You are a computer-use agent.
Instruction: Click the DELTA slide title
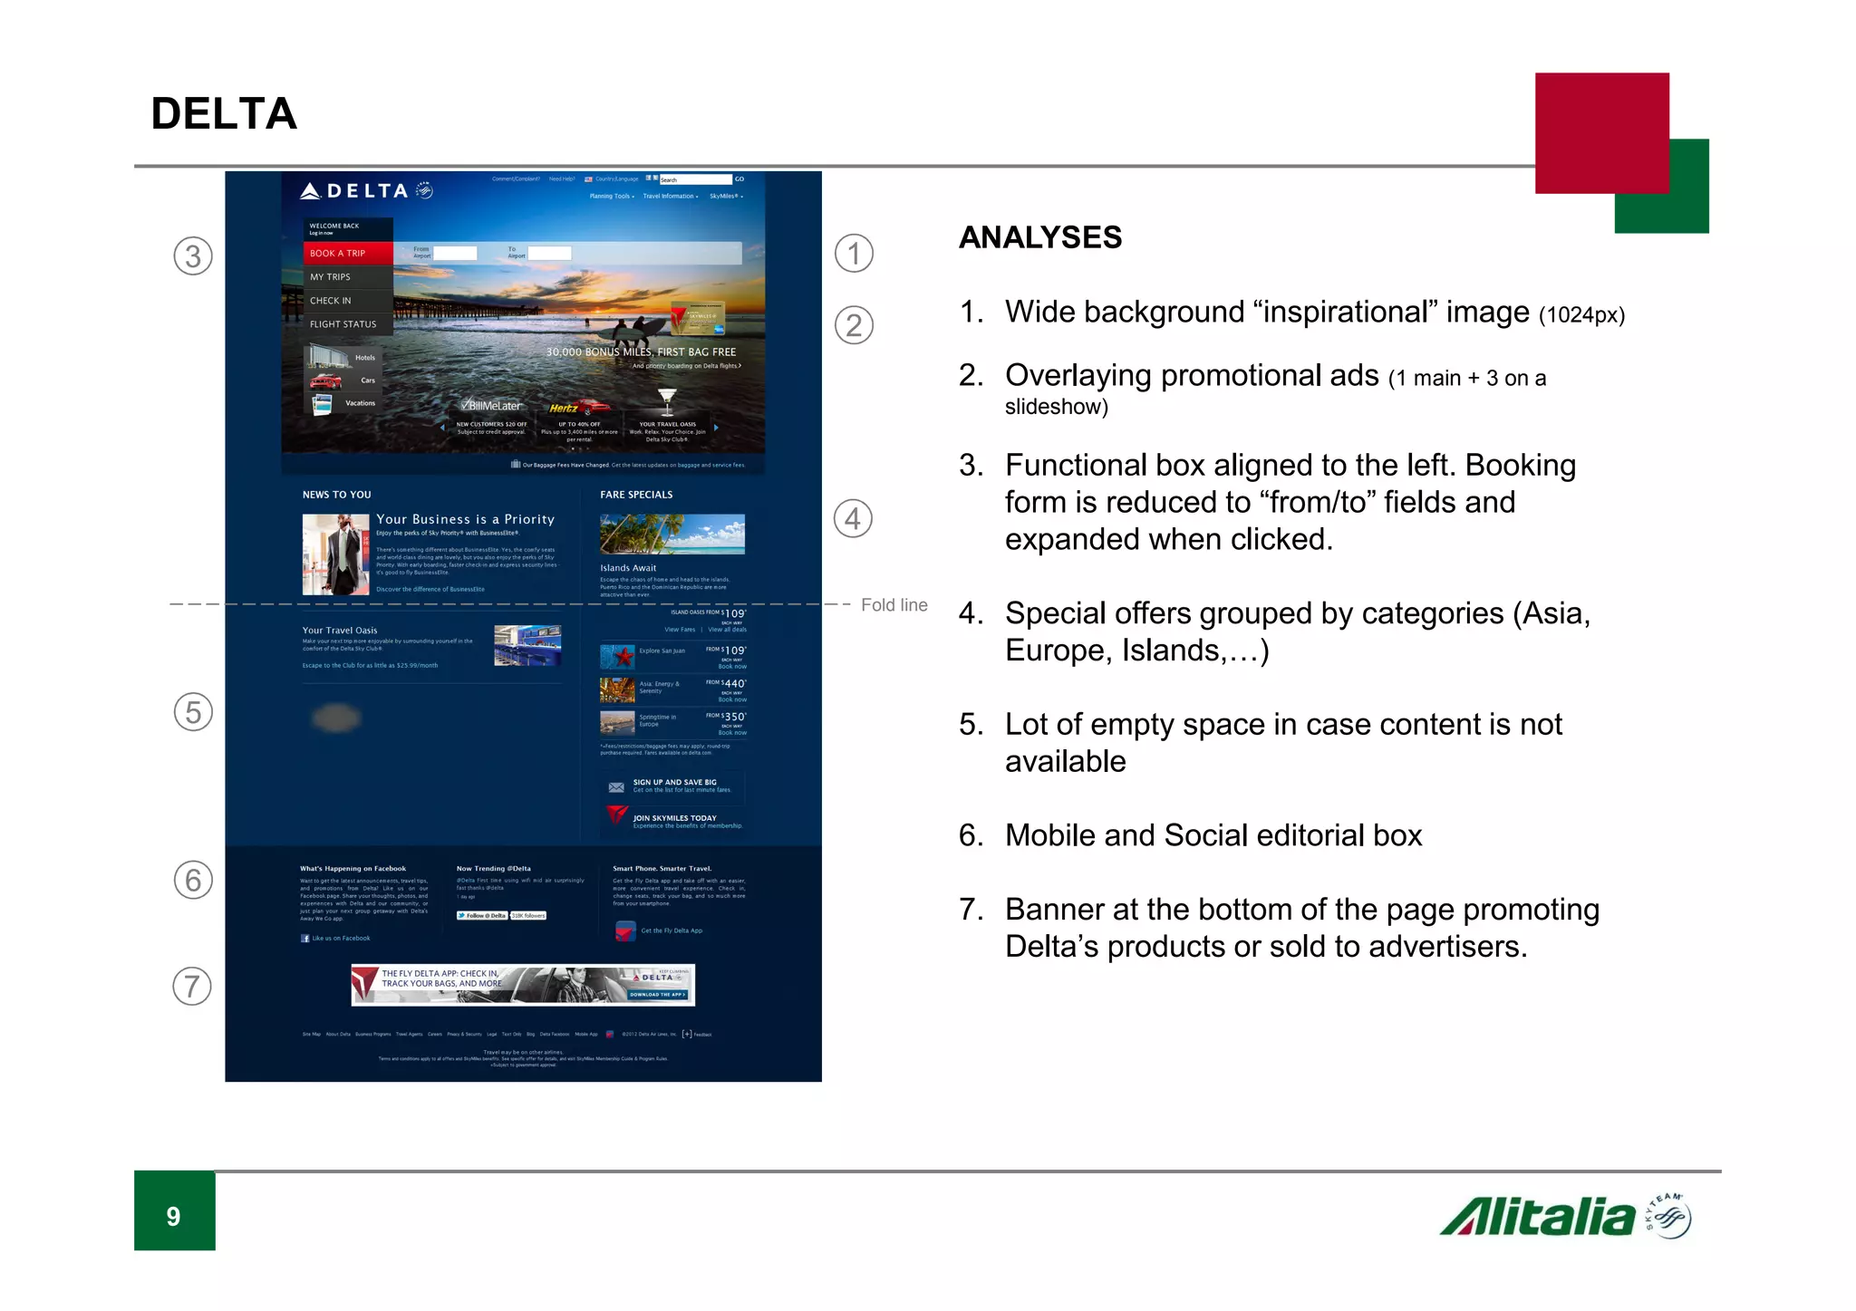point(224,114)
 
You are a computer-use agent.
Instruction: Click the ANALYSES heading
point(1039,237)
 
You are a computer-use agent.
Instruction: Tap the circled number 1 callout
point(854,254)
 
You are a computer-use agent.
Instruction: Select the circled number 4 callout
point(853,518)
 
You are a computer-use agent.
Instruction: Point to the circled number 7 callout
point(192,986)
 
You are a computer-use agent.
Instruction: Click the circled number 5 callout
point(193,712)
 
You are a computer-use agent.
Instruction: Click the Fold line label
point(894,605)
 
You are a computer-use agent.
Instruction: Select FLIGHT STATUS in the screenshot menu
point(343,324)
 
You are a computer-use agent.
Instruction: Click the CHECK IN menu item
point(331,301)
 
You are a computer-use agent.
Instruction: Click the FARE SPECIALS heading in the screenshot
point(636,495)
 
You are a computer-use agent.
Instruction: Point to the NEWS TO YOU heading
point(337,495)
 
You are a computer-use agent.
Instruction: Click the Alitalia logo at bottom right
point(1564,1217)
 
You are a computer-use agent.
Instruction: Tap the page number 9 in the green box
point(174,1216)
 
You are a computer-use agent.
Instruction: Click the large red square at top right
point(1601,132)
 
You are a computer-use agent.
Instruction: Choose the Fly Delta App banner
point(523,984)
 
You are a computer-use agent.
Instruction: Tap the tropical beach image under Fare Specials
point(672,534)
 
